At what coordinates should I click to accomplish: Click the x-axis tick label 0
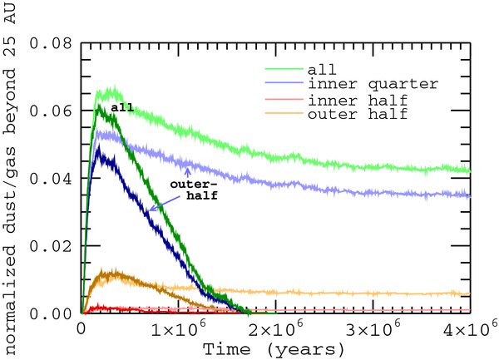(82, 328)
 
